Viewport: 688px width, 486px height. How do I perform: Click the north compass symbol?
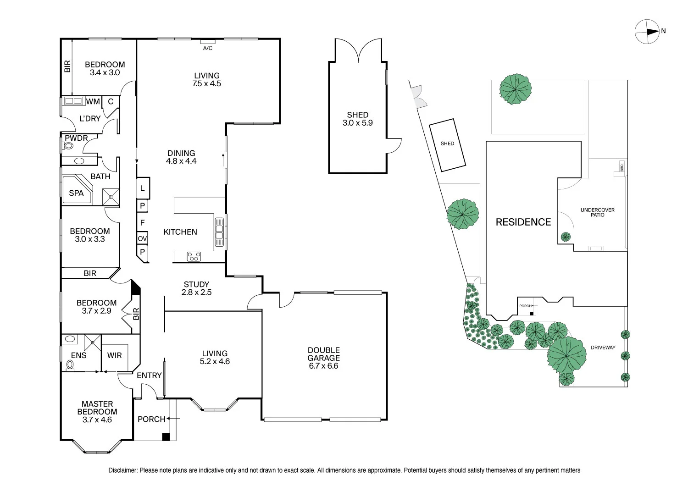[x=647, y=32]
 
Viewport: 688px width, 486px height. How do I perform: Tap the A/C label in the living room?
[x=208, y=48]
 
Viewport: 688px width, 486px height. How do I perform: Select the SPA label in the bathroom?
[x=76, y=193]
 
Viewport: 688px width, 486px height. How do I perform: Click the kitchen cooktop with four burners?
[x=194, y=256]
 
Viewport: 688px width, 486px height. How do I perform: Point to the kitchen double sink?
[x=219, y=232]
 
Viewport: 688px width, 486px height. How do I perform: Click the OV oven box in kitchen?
[x=142, y=238]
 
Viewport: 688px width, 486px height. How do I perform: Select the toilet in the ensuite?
[x=70, y=365]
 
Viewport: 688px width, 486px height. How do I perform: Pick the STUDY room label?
[x=197, y=284]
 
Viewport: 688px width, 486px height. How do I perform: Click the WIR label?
[x=115, y=355]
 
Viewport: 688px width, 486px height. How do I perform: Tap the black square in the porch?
[x=166, y=436]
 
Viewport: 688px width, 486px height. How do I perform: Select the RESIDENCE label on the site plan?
[x=523, y=222]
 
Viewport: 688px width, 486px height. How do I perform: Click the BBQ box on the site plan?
[x=622, y=168]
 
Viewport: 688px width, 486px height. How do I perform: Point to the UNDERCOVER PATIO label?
[x=597, y=212]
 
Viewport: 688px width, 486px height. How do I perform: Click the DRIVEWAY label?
[x=603, y=348]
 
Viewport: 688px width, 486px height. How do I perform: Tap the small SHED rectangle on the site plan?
[x=447, y=145]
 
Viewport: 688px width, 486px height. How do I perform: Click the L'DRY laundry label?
[x=90, y=118]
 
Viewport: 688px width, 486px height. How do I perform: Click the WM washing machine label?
[x=93, y=101]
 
